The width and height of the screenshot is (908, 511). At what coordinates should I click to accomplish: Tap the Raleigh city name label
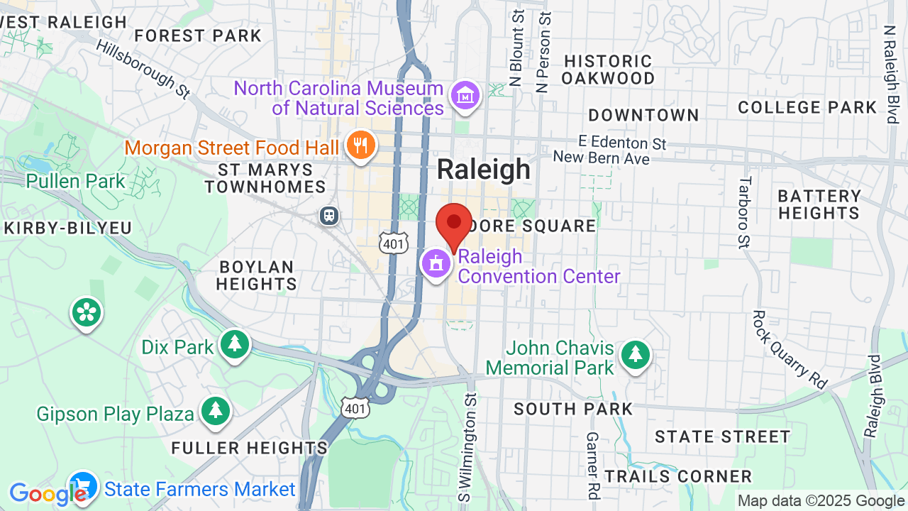483,170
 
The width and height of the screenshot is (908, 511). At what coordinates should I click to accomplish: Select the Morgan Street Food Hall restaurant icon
361,145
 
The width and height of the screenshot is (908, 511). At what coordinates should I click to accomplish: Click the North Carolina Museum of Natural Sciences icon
465,95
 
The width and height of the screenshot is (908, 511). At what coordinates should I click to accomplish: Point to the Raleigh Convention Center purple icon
436,263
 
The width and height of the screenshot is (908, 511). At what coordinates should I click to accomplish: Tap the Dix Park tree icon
234,345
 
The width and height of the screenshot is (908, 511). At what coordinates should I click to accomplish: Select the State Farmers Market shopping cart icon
83,487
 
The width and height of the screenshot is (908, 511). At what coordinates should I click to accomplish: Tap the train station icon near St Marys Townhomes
329,215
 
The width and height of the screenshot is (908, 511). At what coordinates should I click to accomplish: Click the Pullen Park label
75,181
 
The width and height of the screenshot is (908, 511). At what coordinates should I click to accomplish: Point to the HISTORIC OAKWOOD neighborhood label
607,70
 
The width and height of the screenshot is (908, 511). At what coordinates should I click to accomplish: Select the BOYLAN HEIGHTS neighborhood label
256,275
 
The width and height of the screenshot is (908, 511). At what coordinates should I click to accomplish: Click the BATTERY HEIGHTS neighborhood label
819,204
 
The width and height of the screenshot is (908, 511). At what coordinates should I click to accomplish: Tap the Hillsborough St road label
144,68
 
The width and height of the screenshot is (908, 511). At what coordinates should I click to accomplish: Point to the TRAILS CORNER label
678,476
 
